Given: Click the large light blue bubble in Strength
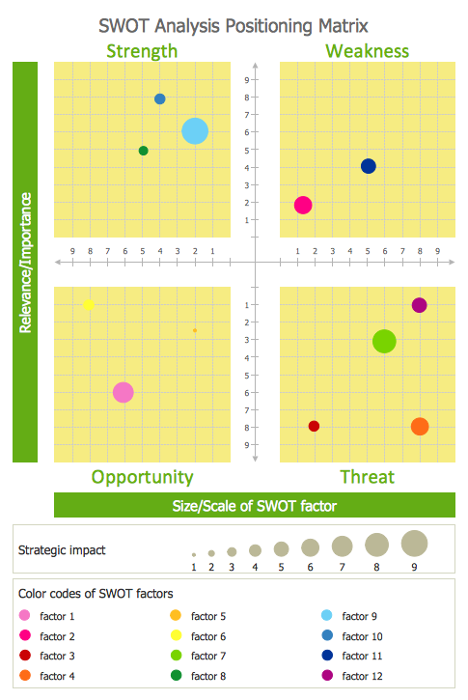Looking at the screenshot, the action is pyautogui.click(x=195, y=131).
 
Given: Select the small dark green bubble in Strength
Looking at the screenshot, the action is pyautogui.click(x=143, y=151).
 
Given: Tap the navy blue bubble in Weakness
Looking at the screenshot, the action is pyautogui.click(x=368, y=166).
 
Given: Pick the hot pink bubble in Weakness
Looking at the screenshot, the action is pyautogui.click(x=303, y=205).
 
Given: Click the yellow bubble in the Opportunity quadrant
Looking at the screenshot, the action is pyautogui.click(x=89, y=305).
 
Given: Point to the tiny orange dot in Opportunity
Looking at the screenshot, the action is pyautogui.click(x=195, y=330).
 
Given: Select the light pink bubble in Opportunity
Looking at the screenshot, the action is pyautogui.click(x=124, y=392).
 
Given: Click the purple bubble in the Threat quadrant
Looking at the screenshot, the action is pyautogui.click(x=420, y=305).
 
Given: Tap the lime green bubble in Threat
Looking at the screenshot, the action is pyautogui.click(x=384, y=342).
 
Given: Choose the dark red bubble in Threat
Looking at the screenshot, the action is pyautogui.click(x=314, y=427).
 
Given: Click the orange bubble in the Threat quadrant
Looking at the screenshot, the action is pyautogui.click(x=420, y=427).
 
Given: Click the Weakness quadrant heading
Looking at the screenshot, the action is pyautogui.click(x=368, y=51).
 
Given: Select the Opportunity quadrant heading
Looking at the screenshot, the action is pyautogui.click(x=142, y=477).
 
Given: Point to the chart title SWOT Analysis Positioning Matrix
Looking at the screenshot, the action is pyautogui.click(x=234, y=26).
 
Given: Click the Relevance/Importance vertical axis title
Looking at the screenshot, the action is pyautogui.click(x=25, y=263).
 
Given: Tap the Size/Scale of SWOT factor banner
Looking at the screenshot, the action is pyautogui.click(x=255, y=505).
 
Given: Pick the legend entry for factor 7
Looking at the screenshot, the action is pyautogui.click(x=199, y=656).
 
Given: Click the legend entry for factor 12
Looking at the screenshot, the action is pyautogui.click(x=352, y=676).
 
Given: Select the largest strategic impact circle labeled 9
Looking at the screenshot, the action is pyautogui.click(x=415, y=544).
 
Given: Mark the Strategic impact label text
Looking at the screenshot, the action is pyautogui.click(x=62, y=550).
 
